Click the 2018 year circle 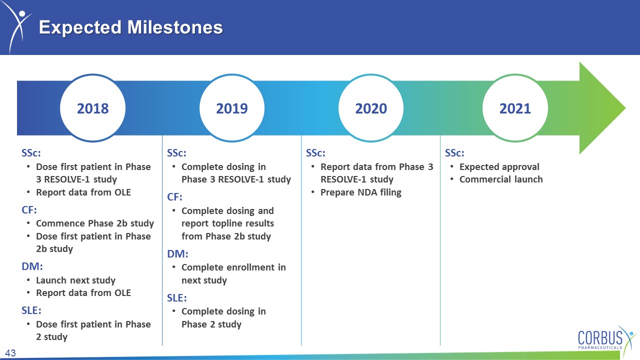click(93, 108)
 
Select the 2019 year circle click(232, 108)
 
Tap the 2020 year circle click(371, 108)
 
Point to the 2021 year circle click(515, 108)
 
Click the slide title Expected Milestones click(131, 27)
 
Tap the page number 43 click(10, 353)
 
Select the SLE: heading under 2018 click(31, 310)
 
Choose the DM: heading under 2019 click(177, 253)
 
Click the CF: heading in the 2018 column click(29, 210)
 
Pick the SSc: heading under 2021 click(454, 153)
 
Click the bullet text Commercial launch click(501, 179)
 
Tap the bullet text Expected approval click(499, 167)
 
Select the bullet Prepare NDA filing click(361, 192)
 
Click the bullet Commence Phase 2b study click(95, 223)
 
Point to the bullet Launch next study click(75, 280)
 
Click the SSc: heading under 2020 click(315, 153)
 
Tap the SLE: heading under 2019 click(177, 297)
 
